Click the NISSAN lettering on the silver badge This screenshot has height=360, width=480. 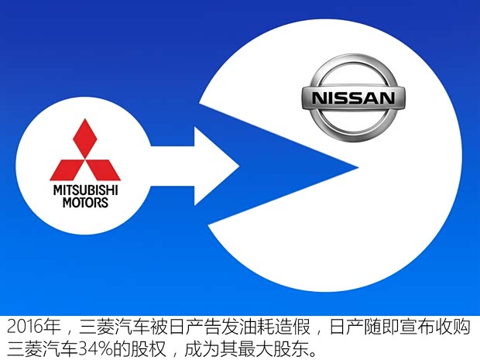[x=353, y=98]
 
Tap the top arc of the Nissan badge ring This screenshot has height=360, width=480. [x=353, y=71]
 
